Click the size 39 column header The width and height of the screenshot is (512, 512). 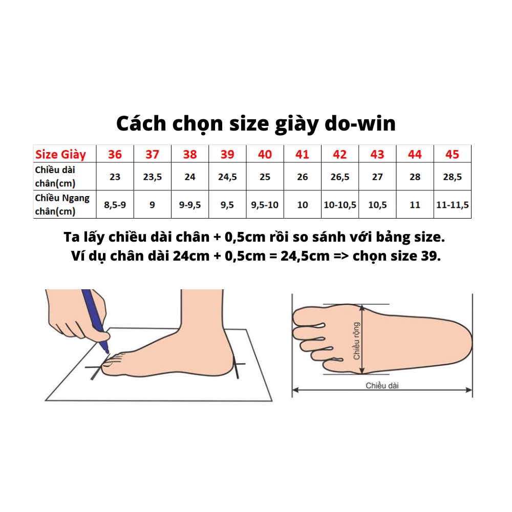tap(227, 154)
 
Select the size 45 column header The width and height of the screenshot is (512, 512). tap(453, 154)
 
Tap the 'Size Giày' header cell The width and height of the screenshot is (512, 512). tap(60, 154)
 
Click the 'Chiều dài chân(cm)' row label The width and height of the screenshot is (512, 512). tap(59, 176)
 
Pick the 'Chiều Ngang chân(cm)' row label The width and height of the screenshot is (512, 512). tap(62, 204)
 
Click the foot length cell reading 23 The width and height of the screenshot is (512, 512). tap(115, 177)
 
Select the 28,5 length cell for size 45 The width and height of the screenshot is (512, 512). tap(453, 177)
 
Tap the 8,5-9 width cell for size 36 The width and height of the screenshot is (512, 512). tap(115, 205)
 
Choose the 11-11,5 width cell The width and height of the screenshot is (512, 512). tap(453, 205)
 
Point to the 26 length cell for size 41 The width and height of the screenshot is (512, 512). tap(303, 177)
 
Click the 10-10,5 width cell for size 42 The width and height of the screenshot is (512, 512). tap(340, 205)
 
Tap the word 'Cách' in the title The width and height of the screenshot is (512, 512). tap(141, 124)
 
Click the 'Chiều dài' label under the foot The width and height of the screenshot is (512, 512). tap(382, 386)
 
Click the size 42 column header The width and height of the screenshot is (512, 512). tap(340, 154)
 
